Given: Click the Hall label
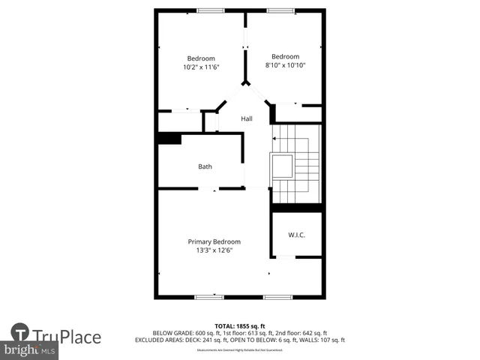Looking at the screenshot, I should [246, 118].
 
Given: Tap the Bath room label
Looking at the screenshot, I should [205, 166].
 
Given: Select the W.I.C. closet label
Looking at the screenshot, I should [296, 235].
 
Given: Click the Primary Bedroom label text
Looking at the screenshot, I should [214, 241].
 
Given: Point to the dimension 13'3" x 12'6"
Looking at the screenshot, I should [214, 250].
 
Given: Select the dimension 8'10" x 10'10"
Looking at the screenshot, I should [285, 65].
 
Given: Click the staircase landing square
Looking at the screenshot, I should [283, 166].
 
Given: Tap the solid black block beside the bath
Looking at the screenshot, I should [169, 138].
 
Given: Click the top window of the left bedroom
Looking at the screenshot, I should [210, 10].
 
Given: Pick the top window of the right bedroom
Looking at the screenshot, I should [280, 10].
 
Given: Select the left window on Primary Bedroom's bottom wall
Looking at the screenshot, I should [209, 297].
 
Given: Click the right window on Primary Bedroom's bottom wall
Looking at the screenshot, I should [277, 297].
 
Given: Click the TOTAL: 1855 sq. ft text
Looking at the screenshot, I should [240, 325].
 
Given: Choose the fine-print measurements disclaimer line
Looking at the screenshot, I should [240, 349].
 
